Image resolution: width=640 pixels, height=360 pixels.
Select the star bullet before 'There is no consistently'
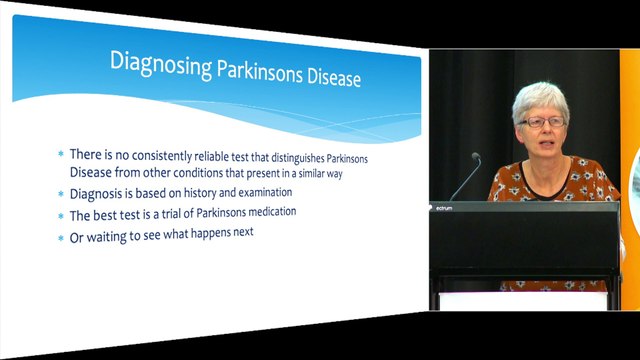click(x=60, y=155)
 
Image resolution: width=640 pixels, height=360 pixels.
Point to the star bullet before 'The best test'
click(x=60, y=215)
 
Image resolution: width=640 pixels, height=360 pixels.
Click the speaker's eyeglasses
click(x=544, y=122)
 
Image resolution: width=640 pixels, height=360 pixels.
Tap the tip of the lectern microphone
click(x=476, y=157)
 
